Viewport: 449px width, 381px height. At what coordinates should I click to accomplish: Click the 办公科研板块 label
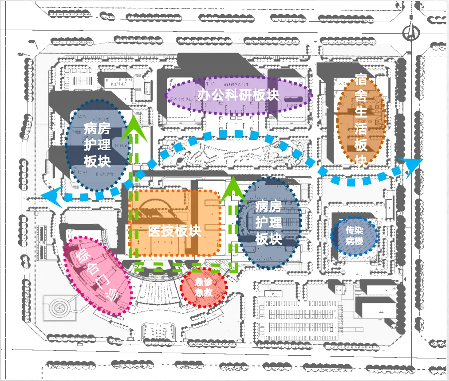click(x=238, y=95)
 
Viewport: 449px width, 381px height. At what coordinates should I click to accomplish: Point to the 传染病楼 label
click(x=354, y=236)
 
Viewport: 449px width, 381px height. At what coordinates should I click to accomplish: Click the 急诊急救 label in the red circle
click(x=205, y=287)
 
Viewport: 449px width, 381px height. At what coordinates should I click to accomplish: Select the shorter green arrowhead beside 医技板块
click(x=231, y=187)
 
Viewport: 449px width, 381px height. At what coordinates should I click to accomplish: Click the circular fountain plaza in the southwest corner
click(x=59, y=307)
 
